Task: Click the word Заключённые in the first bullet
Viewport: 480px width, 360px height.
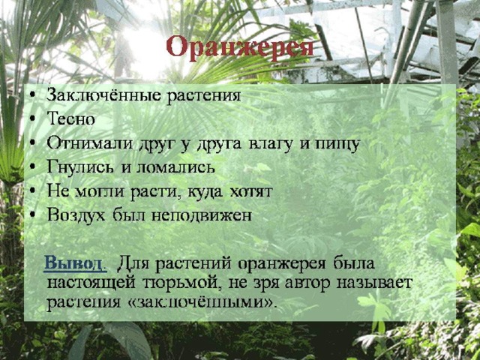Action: pyautogui.click(x=103, y=95)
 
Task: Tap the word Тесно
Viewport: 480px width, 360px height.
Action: pyautogui.click(x=70, y=118)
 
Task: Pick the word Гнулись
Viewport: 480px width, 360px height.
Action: pyautogui.click(x=82, y=166)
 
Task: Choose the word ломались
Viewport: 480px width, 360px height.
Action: pyautogui.click(x=175, y=167)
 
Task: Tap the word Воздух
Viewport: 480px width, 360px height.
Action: pyautogui.click(x=76, y=215)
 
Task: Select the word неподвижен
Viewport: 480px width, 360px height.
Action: pyautogui.click(x=202, y=215)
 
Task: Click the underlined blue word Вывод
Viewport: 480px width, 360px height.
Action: pyautogui.click(x=75, y=263)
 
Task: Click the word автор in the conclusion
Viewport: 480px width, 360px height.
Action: pyautogui.click(x=307, y=283)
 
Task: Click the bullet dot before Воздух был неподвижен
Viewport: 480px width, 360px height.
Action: pyautogui.click(x=33, y=215)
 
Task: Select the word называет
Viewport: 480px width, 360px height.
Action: pyautogui.click(x=374, y=283)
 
